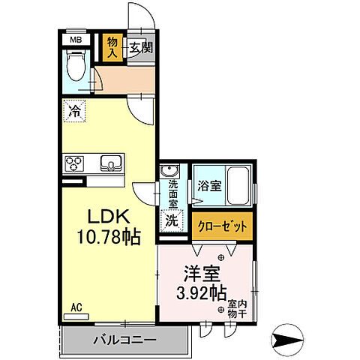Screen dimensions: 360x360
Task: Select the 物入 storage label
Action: click(112, 46)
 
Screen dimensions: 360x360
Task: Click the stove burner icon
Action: click(76, 162)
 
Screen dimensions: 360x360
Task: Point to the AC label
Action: click(76, 307)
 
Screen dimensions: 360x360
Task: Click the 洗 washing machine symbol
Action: click(172, 221)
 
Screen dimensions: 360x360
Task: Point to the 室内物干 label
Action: click(233, 309)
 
